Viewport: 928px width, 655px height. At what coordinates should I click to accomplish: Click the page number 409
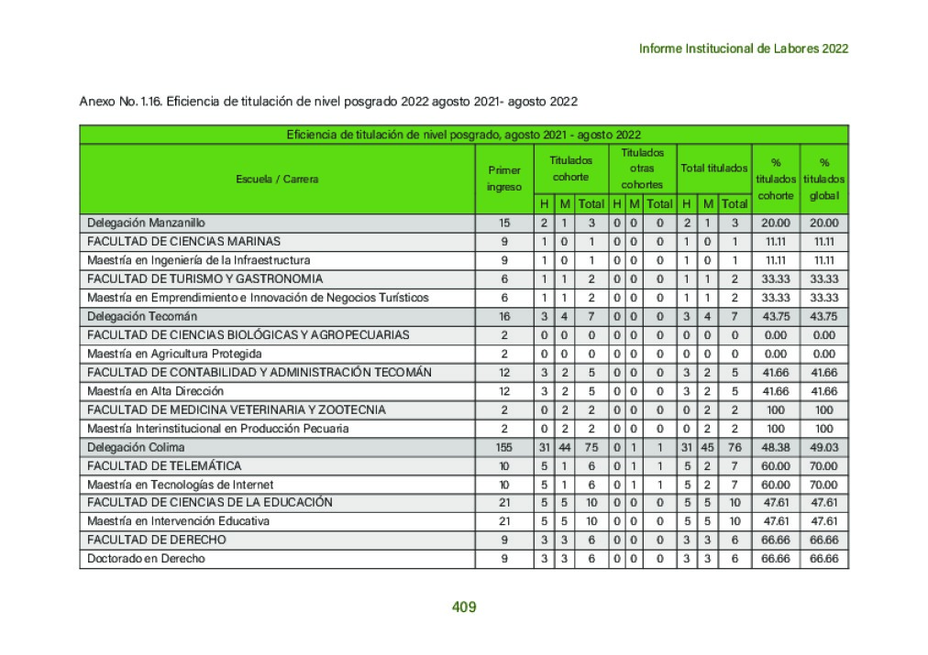(464, 606)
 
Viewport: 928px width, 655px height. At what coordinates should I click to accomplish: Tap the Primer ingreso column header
(504, 179)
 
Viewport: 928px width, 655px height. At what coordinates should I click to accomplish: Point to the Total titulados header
(713, 169)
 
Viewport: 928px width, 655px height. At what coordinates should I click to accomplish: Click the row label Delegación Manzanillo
(147, 223)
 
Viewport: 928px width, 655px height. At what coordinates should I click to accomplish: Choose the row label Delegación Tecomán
(142, 316)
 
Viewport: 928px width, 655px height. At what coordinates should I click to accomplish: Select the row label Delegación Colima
(136, 447)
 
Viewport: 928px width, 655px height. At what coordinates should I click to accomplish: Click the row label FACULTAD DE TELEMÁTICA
(164, 465)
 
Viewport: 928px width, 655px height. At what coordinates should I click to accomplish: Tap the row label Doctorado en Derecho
(146, 559)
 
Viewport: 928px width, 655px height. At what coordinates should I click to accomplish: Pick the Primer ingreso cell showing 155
(504, 447)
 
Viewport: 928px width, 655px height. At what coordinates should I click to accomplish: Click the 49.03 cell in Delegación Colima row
(824, 447)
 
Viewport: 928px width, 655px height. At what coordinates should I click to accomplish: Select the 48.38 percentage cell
(776, 447)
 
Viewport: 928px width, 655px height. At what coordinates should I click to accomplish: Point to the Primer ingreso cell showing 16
(504, 316)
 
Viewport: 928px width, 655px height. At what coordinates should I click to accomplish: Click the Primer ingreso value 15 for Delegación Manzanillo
(504, 223)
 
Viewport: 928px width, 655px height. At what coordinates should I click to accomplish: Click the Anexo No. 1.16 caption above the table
(327, 101)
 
